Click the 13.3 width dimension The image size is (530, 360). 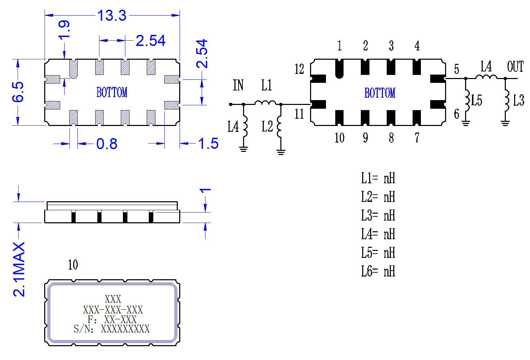(112, 16)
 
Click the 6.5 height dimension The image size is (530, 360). (18, 92)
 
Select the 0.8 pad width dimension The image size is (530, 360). (107, 144)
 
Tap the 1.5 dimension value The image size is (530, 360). (208, 143)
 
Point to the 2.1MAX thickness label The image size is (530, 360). (19, 269)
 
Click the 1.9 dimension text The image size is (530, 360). (64, 30)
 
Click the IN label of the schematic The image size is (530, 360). (238, 85)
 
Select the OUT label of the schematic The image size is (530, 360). (515, 67)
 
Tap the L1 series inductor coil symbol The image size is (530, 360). (265, 103)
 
